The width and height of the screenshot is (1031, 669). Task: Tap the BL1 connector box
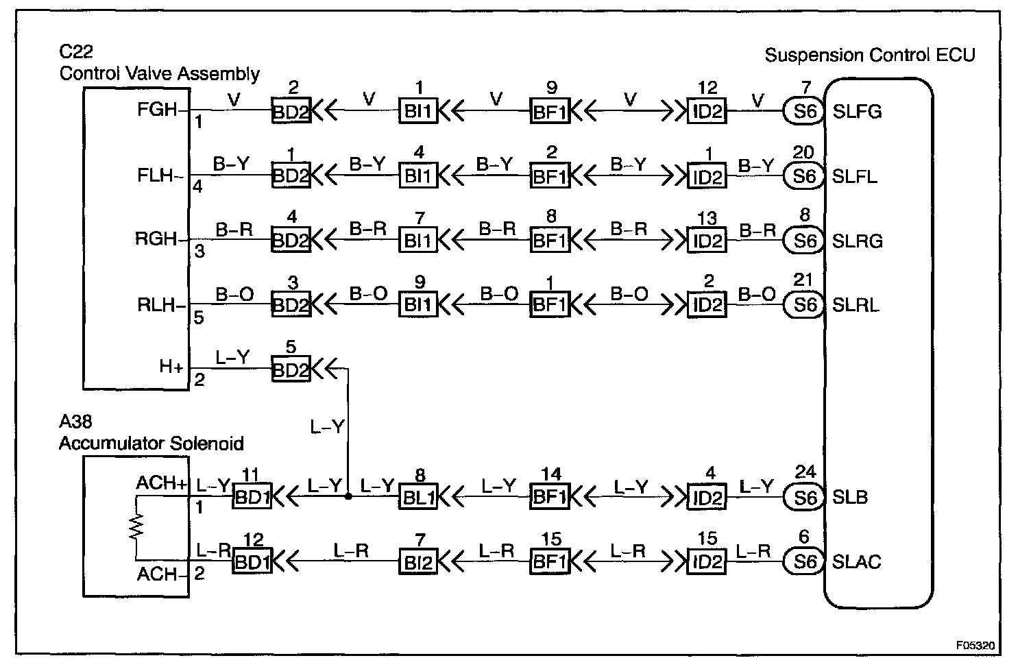coord(417,498)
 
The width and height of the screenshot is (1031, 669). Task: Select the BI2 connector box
coord(417,562)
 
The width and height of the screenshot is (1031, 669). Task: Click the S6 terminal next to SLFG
coord(803,112)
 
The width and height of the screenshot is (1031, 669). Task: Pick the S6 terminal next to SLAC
coord(803,562)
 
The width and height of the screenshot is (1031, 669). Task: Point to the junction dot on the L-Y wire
coord(348,497)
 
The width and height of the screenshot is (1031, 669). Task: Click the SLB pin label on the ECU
coord(850,498)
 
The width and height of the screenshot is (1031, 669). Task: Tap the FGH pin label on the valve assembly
coord(157,110)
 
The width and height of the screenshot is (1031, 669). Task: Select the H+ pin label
coord(171,367)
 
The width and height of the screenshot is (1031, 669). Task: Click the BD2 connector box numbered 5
coord(291,370)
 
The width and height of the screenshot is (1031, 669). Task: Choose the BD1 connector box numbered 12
coord(253,562)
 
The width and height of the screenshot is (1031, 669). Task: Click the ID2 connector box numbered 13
coord(707,241)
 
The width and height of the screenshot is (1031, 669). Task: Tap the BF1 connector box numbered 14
coord(550,498)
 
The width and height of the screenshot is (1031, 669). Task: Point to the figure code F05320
coord(975,646)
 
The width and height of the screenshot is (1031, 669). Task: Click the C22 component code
coord(76,53)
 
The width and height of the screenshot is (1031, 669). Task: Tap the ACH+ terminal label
coord(161,483)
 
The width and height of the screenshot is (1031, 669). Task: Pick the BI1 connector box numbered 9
coord(417,305)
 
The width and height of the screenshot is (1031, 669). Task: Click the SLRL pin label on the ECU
coord(857,305)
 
